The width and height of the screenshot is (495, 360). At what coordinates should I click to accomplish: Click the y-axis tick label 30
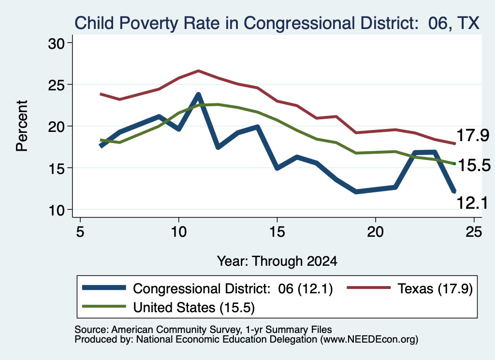click(x=56, y=43)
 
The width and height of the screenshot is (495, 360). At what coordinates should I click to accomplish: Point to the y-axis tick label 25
click(x=56, y=85)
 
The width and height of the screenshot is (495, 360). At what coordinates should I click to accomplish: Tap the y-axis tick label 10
click(x=56, y=210)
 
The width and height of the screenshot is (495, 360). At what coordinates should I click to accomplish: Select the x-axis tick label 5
click(x=80, y=232)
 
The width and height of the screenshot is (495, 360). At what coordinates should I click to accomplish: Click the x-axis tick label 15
click(x=277, y=232)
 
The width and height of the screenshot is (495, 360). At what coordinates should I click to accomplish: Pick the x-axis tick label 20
click(x=375, y=232)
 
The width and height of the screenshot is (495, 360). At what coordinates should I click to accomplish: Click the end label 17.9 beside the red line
click(x=473, y=135)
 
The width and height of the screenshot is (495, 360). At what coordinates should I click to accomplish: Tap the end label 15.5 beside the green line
click(x=474, y=165)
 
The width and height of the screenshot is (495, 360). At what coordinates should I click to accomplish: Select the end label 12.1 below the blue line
click(x=472, y=202)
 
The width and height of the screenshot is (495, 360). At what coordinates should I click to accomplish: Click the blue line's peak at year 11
click(x=198, y=94)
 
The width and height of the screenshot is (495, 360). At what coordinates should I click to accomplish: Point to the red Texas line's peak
click(x=198, y=71)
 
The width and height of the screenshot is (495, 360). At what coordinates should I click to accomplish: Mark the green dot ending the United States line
click(x=454, y=163)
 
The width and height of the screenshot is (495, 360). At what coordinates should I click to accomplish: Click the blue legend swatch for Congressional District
click(x=104, y=288)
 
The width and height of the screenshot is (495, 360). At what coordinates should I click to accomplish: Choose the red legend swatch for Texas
click(x=369, y=288)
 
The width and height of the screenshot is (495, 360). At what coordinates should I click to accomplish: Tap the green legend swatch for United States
click(x=104, y=306)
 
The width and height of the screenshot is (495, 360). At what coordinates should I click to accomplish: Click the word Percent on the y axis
click(x=22, y=126)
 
